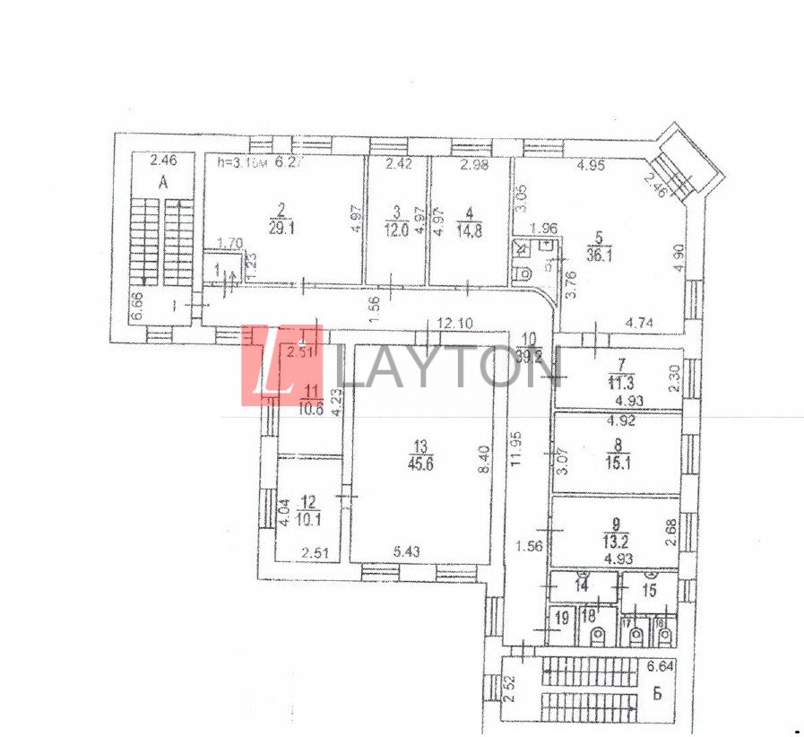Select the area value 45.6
point(419,464)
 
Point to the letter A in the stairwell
point(163,183)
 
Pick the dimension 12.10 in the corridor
point(454,324)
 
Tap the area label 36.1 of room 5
point(618,254)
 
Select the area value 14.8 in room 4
point(470,229)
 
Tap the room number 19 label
point(562,616)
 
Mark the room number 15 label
point(649,590)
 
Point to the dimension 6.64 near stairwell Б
point(659,666)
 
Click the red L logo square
point(268,365)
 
